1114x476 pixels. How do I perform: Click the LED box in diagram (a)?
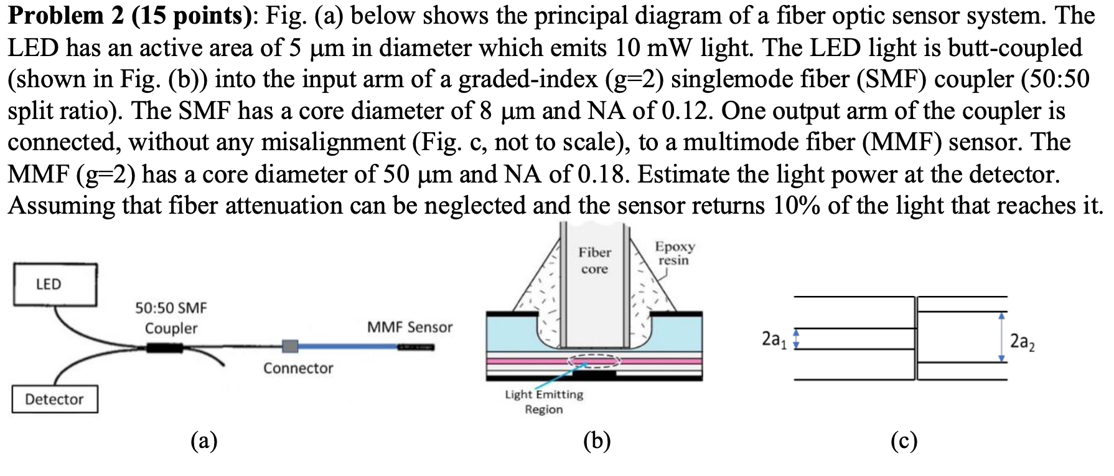pyautogui.click(x=55, y=284)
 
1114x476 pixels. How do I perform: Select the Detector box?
pyautogui.click(x=55, y=399)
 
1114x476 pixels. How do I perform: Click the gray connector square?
pyautogui.click(x=290, y=346)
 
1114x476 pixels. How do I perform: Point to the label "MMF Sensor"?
pyautogui.click(x=410, y=327)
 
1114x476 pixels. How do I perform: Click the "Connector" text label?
pyautogui.click(x=298, y=368)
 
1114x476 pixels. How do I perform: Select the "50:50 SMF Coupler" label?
pyautogui.click(x=171, y=318)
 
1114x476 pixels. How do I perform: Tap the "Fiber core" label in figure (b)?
pyautogui.click(x=594, y=260)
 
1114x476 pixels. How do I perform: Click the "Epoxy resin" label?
pyautogui.click(x=674, y=253)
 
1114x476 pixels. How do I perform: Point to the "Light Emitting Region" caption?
pyautogui.click(x=544, y=402)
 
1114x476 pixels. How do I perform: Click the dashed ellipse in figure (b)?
pyautogui.click(x=594, y=361)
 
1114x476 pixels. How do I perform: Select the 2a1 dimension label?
pyautogui.click(x=774, y=340)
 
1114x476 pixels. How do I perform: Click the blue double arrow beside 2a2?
pyautogui.click(x=1001, y=337)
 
